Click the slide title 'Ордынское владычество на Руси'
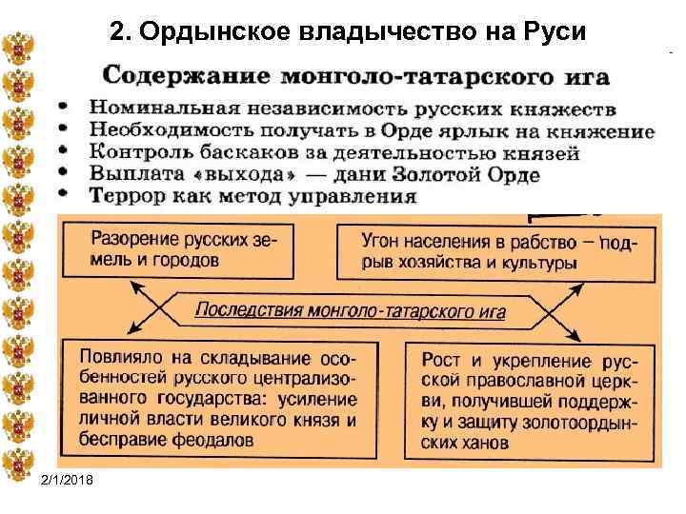(351, 32)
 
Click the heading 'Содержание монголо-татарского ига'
(356, 75)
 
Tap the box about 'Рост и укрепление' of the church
(529, 400)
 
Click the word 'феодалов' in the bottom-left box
(219, 440)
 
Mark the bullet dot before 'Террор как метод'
(64, 195)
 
